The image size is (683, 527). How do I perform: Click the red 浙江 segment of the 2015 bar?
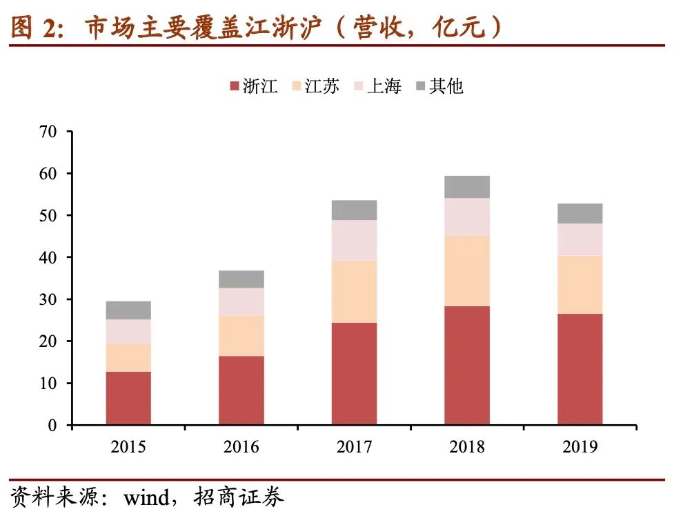[128, 398]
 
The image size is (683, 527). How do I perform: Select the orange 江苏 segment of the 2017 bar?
[354, 291]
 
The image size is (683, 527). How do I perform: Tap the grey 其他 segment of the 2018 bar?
[467, 187]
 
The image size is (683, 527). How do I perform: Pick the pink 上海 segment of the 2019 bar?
[580, 239]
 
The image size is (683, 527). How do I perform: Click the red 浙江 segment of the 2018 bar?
[467, 365]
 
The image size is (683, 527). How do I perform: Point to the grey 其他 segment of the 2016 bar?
[241, 279]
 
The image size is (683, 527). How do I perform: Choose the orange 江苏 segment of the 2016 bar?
[241, 335]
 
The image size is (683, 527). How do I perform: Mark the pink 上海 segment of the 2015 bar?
[128, 331]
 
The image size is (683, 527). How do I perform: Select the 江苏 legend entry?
[315, 86]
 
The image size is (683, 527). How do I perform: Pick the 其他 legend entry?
[439, 86]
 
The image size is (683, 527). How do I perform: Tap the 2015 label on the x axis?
[128, 447]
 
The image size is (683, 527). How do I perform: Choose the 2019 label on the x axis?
[580, 447]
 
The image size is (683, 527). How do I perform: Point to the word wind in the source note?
[146, 498]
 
